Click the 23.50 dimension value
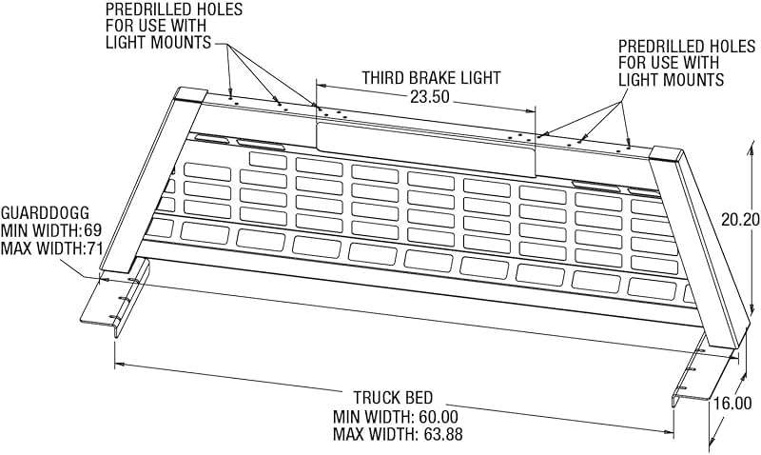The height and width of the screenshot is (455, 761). [430, 97]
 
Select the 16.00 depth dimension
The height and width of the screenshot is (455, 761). [732, 404]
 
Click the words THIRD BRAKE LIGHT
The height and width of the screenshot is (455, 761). [431, 78]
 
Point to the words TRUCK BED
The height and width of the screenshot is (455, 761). [393, 398]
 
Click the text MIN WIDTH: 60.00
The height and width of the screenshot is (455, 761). [395, 417]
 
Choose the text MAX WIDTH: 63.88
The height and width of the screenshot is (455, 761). [398, 434]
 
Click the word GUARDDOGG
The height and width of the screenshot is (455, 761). [45, 212]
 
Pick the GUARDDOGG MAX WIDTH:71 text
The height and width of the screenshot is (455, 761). [52, 248]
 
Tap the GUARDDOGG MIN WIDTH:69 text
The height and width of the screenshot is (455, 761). [51, 230]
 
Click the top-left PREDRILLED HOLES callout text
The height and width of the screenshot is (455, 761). [174, 26]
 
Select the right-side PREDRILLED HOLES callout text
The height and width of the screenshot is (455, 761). [687, 63]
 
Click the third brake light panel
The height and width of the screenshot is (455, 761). [426, 148]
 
